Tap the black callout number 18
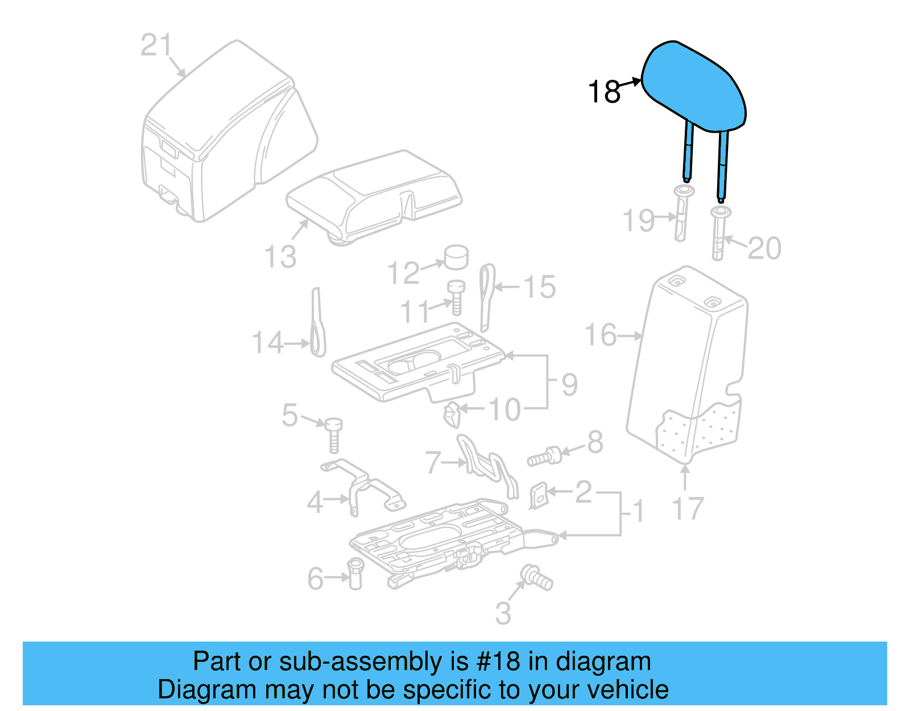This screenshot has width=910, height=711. (604, 92)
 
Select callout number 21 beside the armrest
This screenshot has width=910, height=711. (156, 45)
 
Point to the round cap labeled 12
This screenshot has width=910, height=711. (456, 257)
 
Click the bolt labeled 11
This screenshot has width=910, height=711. (456, 297)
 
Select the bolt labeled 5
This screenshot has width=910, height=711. (334, 434)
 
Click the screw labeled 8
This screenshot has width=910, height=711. (544, 457)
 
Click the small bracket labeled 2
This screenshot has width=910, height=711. (539, 495)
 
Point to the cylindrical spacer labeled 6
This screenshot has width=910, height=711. (355, 573)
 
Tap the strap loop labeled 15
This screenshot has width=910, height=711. (487, 296)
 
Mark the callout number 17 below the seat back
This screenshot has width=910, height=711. (688, 508)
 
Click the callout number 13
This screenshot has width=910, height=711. (280, 257)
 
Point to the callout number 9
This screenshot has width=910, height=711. (569, 385)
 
